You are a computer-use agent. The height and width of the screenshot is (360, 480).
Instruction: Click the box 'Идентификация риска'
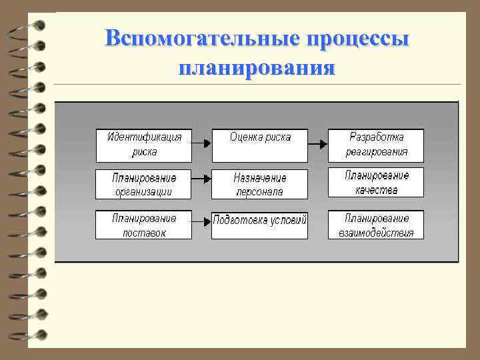[143, 145]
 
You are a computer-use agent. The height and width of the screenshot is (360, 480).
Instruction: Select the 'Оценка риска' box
[259, 145]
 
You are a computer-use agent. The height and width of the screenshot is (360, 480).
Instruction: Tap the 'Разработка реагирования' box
[376, 145]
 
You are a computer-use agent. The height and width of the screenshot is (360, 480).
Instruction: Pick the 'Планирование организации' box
[143, 185]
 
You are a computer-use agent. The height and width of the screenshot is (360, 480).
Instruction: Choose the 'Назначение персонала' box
[259, 185]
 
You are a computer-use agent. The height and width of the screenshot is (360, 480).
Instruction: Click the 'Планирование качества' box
[376, 183]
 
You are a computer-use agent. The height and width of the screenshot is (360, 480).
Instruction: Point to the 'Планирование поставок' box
[143, 225]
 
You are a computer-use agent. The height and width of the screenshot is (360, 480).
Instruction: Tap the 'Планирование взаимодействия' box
[376, 225]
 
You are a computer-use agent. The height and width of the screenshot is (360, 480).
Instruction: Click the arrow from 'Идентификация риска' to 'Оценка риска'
[201, 142]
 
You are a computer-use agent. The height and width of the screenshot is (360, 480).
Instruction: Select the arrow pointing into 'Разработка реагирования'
[318, 142]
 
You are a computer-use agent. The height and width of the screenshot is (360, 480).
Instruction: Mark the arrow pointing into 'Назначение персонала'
[201, 179]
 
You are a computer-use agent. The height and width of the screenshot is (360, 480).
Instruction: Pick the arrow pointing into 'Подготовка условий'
[201, 220]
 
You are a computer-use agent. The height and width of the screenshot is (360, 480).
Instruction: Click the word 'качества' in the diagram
[377, 190]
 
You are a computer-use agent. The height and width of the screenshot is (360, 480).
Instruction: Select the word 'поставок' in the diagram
[144, 233]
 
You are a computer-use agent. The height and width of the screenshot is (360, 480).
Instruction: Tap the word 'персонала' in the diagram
[259, 192]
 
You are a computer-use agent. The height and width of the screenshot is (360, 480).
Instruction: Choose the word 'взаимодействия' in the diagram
[376, 233]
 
